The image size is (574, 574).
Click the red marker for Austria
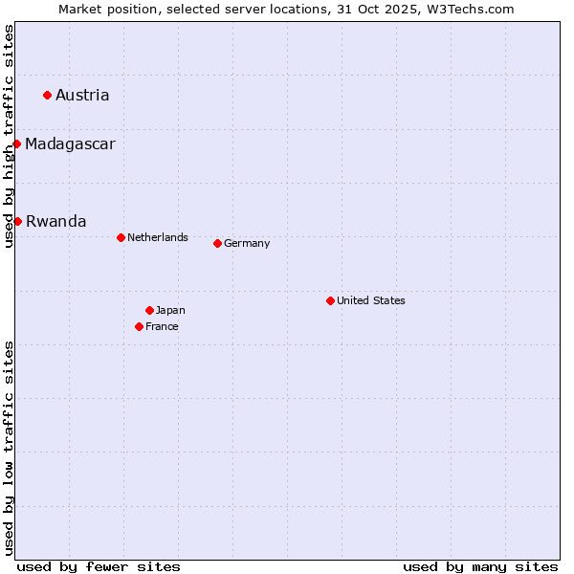pos(47,95)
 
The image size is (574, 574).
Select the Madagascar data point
pos(17,143)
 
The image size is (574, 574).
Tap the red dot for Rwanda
pos(17,221)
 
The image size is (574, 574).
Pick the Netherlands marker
pos(121,237)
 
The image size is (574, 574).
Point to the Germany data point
pos(217,243)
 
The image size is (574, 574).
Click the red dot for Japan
pos(149,310)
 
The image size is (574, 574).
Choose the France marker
pos(139,326)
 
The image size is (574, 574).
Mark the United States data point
pos(330,300)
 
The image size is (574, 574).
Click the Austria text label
pos(82,95)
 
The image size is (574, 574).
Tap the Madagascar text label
pos(70,144)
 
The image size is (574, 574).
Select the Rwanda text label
pos(55,222)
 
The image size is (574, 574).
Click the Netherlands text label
pos(158,237)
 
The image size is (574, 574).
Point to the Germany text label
pos(247,243)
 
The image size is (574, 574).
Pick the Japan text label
pos(170,310)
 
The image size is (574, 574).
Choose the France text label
pos(162,326)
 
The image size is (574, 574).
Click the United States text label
pos(371,300)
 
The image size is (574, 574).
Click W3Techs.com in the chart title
pos(474,9)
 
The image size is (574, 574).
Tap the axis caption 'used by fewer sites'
pos(99,566)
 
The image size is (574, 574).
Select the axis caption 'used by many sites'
pos(480,566)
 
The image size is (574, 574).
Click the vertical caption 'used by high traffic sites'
pos(9,136)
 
